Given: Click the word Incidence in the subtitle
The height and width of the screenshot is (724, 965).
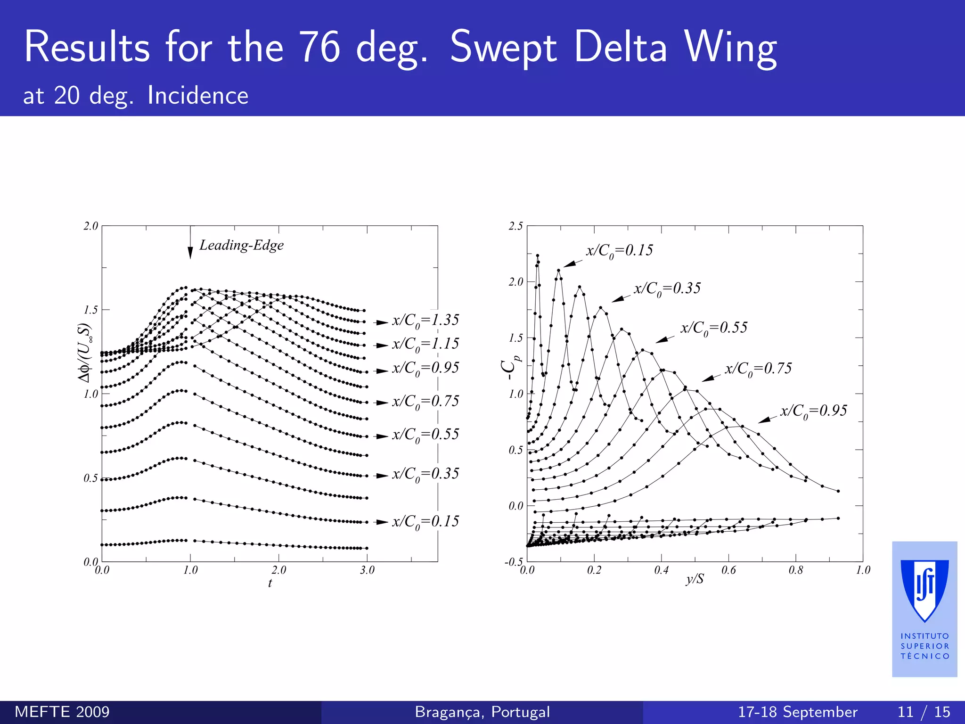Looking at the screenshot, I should (x=197, y=96).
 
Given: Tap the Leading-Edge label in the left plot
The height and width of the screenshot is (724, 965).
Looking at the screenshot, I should (x=241, y=245).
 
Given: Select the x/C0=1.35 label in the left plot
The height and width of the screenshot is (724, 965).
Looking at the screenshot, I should (x=425, y=321).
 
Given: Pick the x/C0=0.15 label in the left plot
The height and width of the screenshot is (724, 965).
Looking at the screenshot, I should (x=425, y=521).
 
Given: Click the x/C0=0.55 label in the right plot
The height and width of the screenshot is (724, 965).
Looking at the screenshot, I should (x=713, y=328).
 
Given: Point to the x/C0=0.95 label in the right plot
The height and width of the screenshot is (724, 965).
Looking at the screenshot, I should (x=813, y=411).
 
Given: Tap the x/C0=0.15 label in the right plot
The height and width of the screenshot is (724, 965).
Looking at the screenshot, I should (x=619, y=250).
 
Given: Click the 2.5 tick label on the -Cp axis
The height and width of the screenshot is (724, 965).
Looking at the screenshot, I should (x=515, y=226).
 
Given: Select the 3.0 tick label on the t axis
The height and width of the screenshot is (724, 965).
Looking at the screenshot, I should (x=367, y=570).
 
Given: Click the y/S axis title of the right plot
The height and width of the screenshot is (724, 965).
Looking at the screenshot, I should (x=695, y=578).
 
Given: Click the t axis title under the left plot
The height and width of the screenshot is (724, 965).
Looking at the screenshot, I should (x=270, y=583).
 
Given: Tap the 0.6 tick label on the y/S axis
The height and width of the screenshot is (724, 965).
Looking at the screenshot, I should (x=728, y=570).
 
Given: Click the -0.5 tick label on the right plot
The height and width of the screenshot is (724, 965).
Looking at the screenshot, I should (x=514, y=562).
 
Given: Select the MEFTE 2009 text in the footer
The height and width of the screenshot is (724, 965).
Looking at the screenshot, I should (x=62, y=712).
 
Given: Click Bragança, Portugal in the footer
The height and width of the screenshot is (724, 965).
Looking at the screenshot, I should (x=482, y=712).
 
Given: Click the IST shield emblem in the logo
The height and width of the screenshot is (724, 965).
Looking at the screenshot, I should (x=924, y=589).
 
